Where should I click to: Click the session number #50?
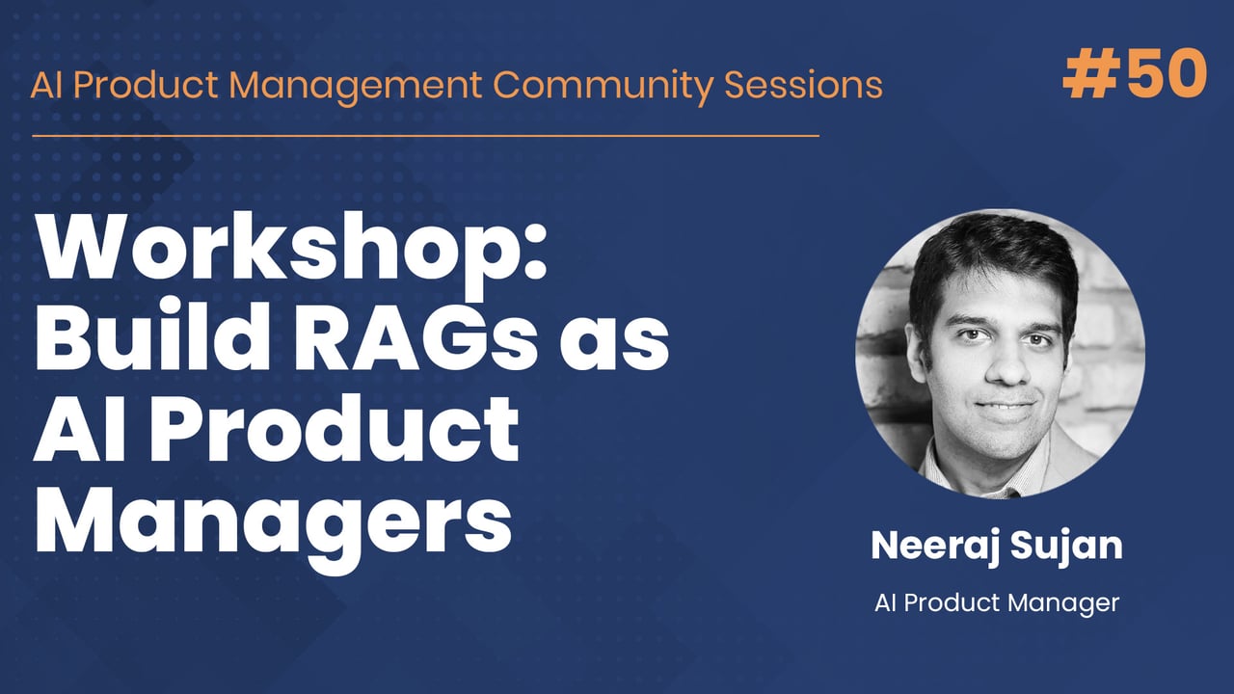pyautogui.click(x=1134, y=74)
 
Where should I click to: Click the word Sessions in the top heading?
pyautogui.click(x=804, y=85)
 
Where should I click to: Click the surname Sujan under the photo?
pyautogui.click(x=1068, y=546)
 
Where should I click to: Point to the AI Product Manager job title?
pyautogui.click(x=997, y=603)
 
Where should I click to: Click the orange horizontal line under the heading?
pyautogui.click(x=425, y=136)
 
